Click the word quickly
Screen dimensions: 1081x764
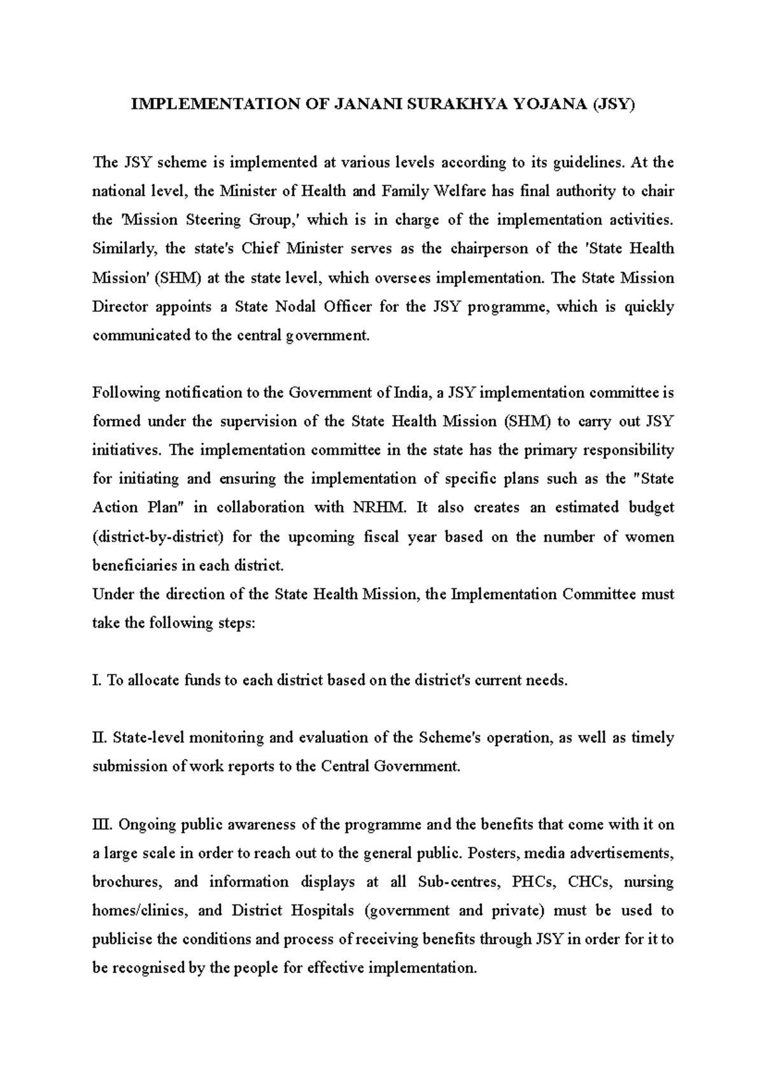tap(648, 306)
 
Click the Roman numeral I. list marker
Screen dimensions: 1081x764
tap(97, 680)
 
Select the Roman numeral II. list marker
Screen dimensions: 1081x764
tap(99, 738)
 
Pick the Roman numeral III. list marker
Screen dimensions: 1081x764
tap(102, 824)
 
